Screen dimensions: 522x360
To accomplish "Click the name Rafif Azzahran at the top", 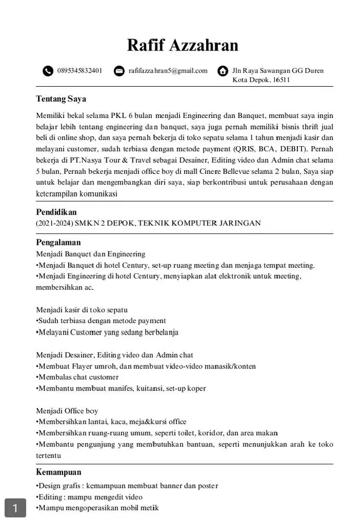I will (183, 45).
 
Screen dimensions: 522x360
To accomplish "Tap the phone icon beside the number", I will (48, 71).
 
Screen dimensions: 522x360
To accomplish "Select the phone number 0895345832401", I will (80, 70).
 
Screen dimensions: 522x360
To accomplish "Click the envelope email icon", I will (119, 71).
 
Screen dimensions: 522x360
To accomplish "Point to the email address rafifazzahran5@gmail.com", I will (168, 70).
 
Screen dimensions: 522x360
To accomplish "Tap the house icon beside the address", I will (223, 71).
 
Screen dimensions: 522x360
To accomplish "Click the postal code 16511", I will (281, 80).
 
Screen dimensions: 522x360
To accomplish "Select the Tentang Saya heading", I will (61, 99).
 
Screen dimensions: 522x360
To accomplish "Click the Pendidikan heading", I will (56, 212).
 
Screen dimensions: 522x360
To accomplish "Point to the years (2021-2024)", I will (54, 223).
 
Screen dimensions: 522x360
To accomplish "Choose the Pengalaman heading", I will (58, 243).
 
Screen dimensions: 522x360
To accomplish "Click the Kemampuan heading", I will (58, 472).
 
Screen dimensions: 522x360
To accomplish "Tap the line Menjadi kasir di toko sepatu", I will (82, 310).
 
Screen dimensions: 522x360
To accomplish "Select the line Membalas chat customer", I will (78, 377).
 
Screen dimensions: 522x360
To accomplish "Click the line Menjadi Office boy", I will (67, 411).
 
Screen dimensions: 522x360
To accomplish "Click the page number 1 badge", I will (16, 508).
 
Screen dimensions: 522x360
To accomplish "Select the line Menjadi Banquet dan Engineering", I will (91, 254).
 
